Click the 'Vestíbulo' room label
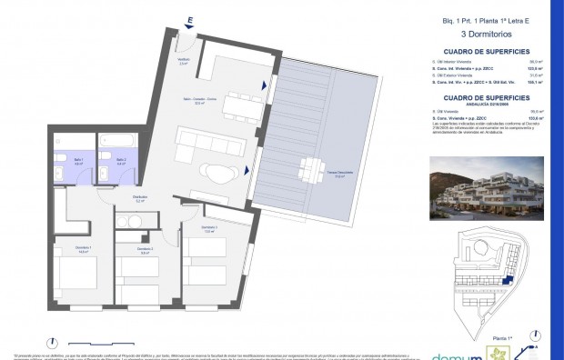pyautogui.click(x=183, y=61)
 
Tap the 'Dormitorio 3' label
pyautogui.click(x=208, y=228)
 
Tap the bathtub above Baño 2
pyautogui.click(x=118, y=142)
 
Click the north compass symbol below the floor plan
pyautogui.click(x=56, y=335)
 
